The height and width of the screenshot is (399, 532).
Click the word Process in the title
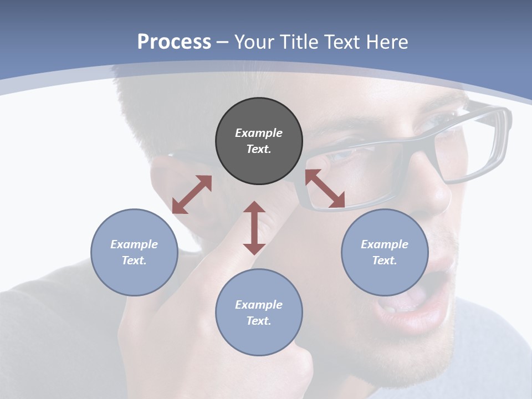pos(174,42)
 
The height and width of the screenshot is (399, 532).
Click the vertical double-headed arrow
pos(254,228)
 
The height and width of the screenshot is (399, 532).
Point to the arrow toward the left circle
pos(192,195)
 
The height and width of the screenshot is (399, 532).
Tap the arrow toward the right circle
pos(325,189)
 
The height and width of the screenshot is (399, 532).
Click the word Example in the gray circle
pos(259,133)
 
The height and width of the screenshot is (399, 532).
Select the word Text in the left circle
pos(134,260)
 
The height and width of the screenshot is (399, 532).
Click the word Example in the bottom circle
pos(259,305)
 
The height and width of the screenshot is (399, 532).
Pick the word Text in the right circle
pos(385,260)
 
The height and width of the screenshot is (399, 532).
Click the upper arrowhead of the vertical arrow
pos(254,207)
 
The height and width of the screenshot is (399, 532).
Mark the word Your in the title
pos(253,42)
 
